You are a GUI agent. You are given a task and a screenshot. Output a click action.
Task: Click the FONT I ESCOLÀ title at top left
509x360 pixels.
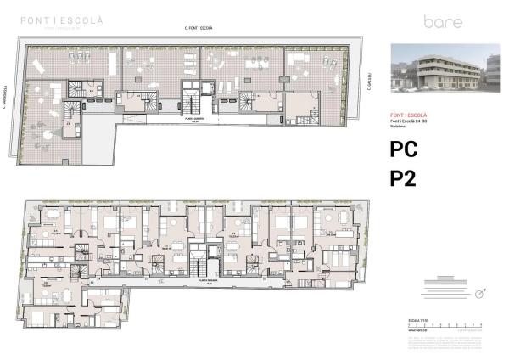click(58, 16)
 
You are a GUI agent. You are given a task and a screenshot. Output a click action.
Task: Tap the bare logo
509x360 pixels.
click(442, 20)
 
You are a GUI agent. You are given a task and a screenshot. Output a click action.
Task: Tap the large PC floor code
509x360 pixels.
click(403, 151)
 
